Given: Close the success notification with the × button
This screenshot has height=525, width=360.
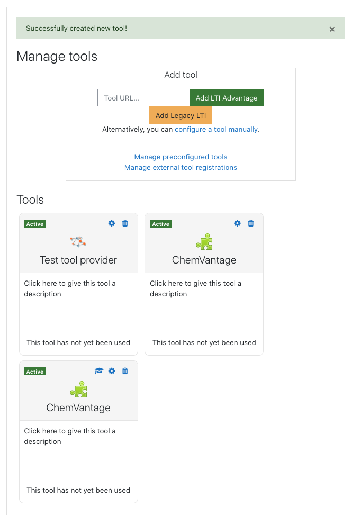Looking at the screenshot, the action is (332, 29).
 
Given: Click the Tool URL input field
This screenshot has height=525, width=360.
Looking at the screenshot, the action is (142, 98).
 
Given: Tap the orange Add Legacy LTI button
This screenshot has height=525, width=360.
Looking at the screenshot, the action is (181, 115).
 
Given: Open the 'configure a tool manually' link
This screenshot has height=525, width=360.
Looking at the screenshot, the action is (217, 129).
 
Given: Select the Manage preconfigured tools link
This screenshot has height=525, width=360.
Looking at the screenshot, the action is (181, 157).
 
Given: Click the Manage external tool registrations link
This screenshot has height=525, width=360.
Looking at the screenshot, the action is (181, 167).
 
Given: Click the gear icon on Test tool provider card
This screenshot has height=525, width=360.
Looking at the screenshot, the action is (112, 223).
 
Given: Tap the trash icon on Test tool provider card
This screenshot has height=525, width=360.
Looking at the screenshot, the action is (125, 223).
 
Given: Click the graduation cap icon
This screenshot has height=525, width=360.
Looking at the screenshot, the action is (99, 371).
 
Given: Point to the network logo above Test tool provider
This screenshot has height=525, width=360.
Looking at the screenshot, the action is (78, 241).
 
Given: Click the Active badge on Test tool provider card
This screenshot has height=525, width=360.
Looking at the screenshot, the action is (35, 224).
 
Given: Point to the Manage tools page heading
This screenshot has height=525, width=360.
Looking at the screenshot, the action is (57, 56).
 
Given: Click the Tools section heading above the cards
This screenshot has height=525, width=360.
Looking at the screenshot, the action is (30, 200).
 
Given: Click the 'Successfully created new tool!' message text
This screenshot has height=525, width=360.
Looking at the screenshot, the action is (76, 28).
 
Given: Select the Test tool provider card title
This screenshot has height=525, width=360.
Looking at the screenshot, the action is (78, 260).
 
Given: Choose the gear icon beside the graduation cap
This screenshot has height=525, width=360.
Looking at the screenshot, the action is (112, 371).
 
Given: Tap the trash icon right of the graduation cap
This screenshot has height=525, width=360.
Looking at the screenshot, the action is (125, 371).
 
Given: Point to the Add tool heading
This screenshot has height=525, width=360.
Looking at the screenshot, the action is (181, 75).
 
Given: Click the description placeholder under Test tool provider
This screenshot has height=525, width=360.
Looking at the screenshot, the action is (70, 288).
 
